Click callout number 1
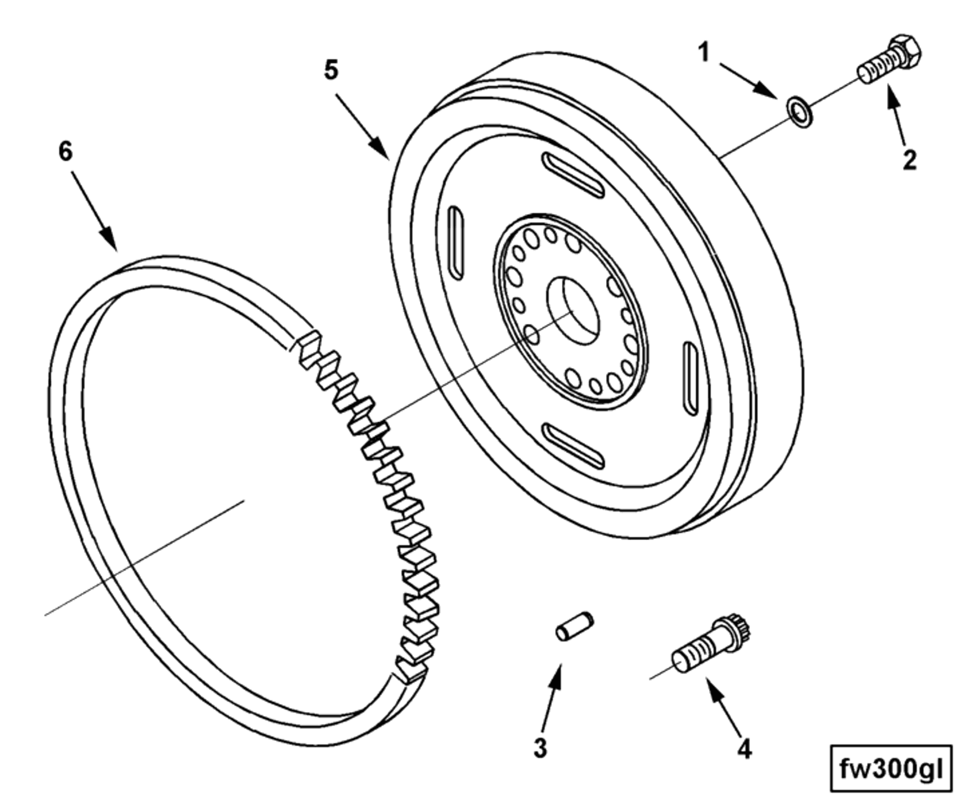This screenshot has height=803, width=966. (x=704, y=53)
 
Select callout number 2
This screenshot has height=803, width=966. (x=909, y=159)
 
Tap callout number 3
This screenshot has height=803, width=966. (x=540, y=748)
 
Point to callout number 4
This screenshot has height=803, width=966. (x=744, y=749)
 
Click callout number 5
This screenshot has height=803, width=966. (x=331, y=70)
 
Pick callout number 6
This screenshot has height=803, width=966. (x=66, y=152)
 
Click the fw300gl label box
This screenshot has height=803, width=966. (x=891, y=768)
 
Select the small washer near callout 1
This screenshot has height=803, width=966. (x=799, y=112)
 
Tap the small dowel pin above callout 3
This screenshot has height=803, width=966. (x=574, y=626)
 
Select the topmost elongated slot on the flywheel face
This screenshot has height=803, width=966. (x=573, y=175)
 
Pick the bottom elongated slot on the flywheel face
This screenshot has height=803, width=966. (x=573, y=446)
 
